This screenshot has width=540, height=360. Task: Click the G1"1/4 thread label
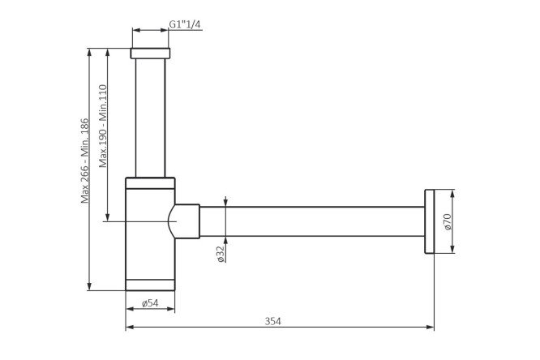click(184, 24)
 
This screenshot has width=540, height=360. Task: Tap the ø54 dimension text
click(150, 303)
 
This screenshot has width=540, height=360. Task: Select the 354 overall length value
click(272, 321)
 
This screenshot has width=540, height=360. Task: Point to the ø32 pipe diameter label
click(221, 254)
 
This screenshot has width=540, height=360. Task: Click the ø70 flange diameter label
click(448, 222)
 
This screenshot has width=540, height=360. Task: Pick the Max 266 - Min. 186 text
click(84, 161)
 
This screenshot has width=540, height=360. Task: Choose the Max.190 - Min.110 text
click(103, 126)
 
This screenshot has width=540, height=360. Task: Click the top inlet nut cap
click(150, 54)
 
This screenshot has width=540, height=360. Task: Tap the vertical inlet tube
click(150, 118)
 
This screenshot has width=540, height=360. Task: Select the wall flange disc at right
click(430, 221)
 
